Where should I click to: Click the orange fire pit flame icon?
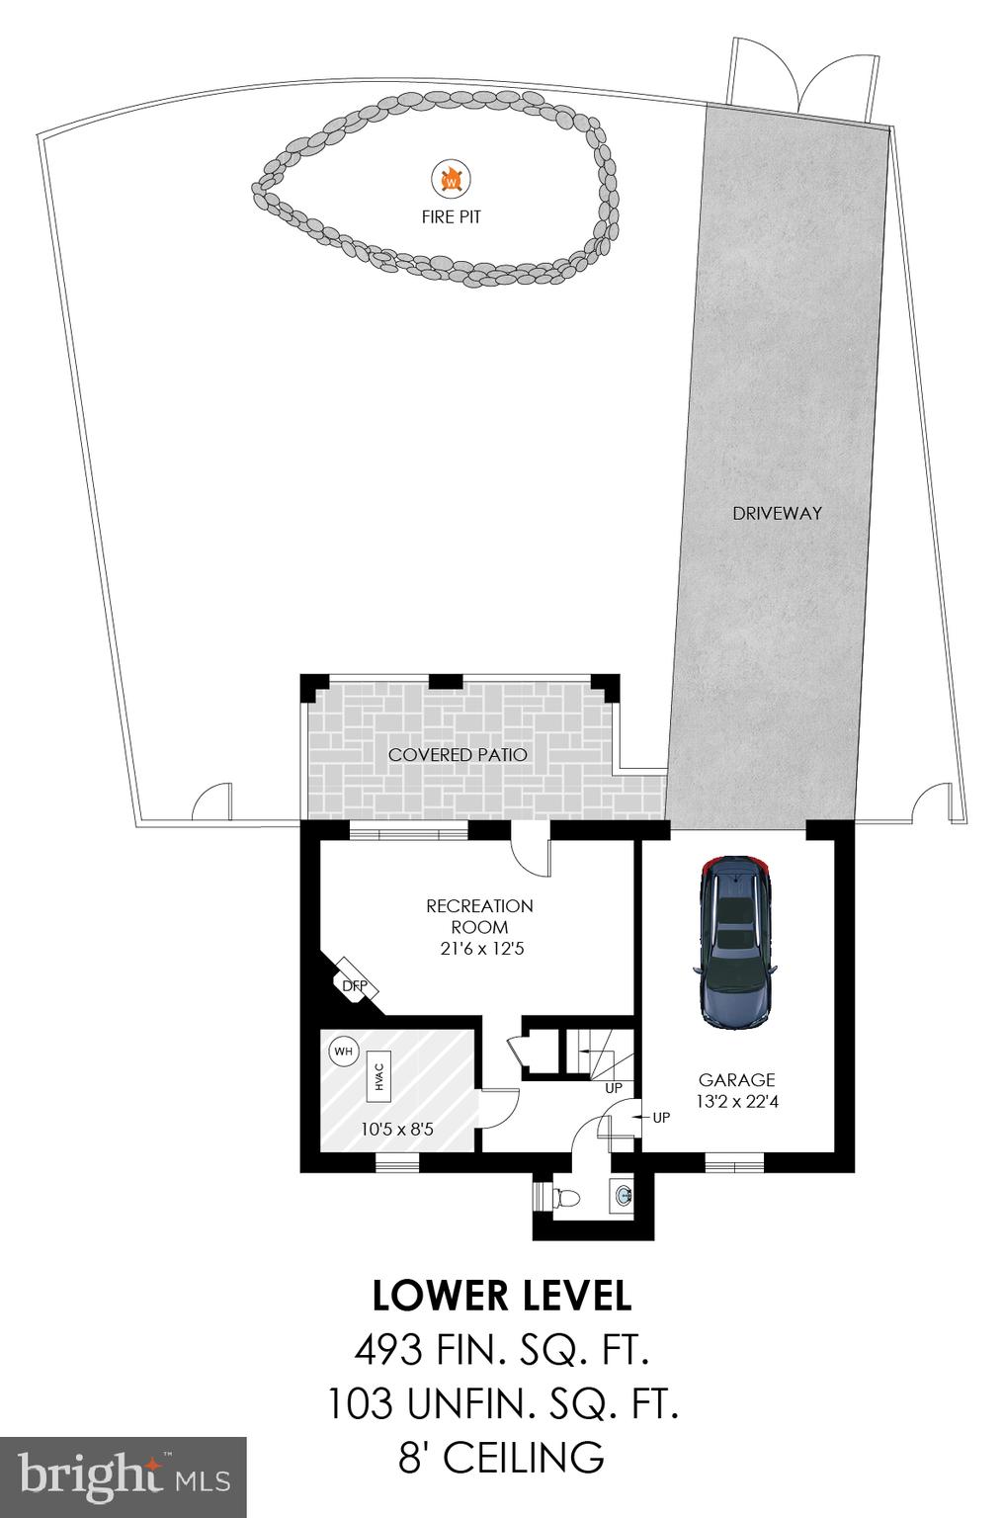[x=451, y=180]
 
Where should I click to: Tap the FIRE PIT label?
[x=451, y=216]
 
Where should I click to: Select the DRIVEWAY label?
[x=777, y=513]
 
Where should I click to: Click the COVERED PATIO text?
[x=458, y=755]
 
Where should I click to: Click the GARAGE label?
[x=736, y=1080]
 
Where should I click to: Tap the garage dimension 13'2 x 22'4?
[x=736, y=1102]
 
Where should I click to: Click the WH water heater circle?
[x=343, y=1052]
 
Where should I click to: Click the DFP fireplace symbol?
[x=354, y=984]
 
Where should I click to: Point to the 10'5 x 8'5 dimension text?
[x=397, y=1129]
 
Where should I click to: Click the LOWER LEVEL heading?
[x=501, y=1295]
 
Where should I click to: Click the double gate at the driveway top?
[x=801, y=75]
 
